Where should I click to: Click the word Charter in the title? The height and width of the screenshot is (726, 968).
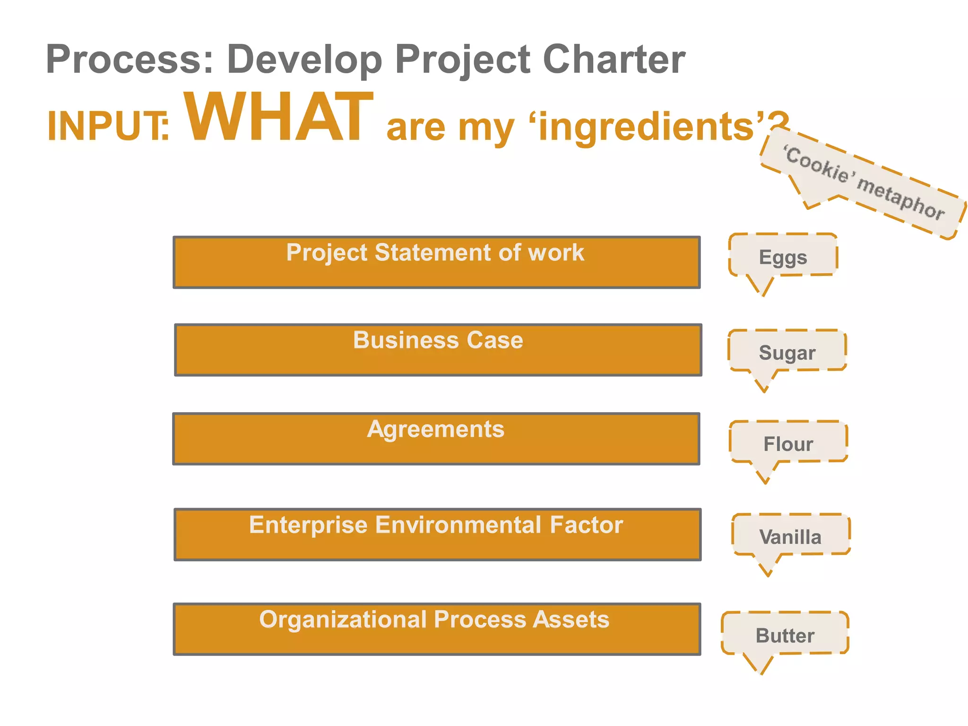614,59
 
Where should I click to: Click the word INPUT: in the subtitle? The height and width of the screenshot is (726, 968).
108,126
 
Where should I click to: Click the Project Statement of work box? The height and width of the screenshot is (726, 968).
436,262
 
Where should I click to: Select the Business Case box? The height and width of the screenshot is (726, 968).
438,350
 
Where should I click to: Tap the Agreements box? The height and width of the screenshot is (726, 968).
436,439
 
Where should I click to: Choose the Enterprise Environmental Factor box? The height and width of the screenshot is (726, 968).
437,535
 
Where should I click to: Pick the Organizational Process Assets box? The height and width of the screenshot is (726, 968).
437,629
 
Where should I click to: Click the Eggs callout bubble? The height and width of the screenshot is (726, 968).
783,257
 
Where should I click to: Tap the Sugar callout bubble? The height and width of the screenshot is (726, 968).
787,352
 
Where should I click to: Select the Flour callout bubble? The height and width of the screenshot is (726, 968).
788,443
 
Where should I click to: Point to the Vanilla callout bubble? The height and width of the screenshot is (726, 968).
790,536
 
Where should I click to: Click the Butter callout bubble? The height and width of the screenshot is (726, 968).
785,635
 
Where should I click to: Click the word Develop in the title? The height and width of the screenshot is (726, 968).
304,59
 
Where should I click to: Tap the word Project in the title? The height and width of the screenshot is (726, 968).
463,59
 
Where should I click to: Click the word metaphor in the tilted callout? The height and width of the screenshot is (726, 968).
901,199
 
